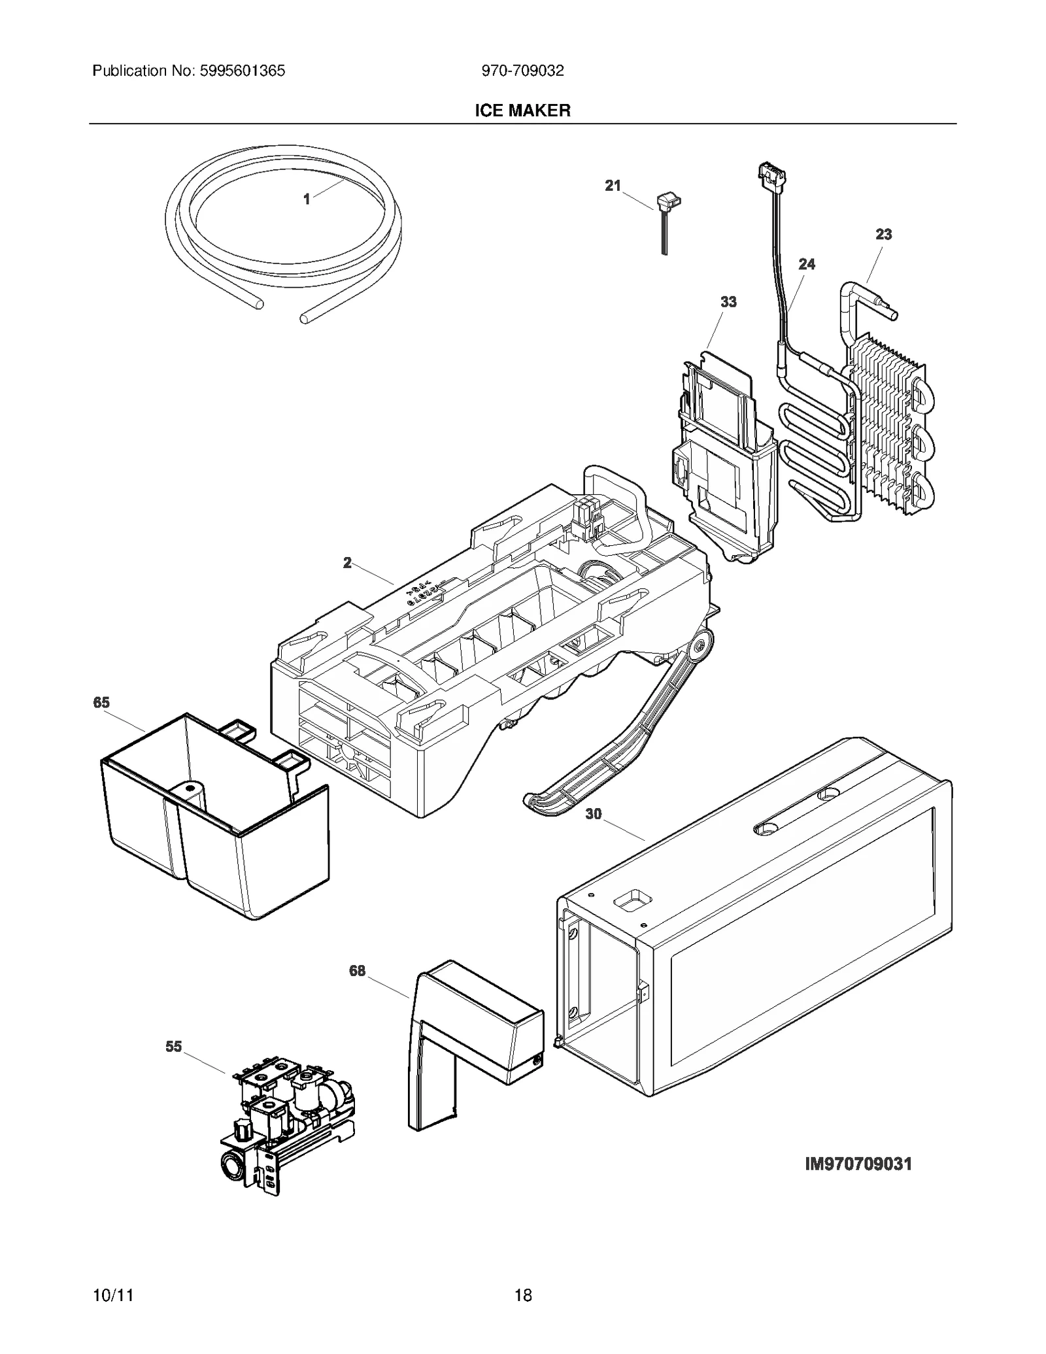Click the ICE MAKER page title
[522, 110]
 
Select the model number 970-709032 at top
[522, 71]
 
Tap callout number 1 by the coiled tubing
[307, 199]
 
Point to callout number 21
[612, 186]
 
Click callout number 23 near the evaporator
[883, 234]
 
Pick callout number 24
[807, 264]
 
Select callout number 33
[728, 301]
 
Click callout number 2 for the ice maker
[347, 562]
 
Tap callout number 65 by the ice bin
[101, 702]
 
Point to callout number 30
[593, 814]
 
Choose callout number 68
[357, 971]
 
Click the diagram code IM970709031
[858, 1164]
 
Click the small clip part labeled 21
[666, 203]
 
